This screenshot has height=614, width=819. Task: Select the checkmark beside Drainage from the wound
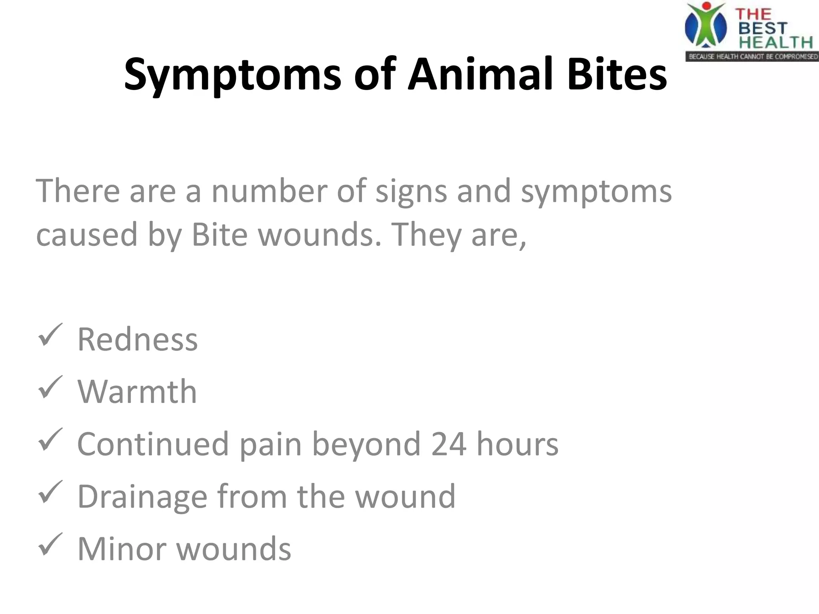[50, 492]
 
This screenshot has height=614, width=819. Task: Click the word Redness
[137, 340]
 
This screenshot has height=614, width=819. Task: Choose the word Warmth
[137, 392]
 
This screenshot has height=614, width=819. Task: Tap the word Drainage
[142, 497]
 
